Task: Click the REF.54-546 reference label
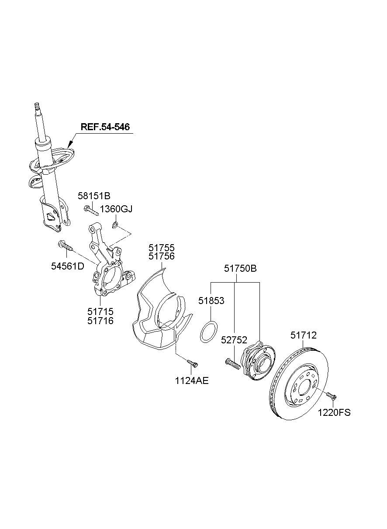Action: click(x=105, y=127)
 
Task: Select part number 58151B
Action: click(x=94, y=196)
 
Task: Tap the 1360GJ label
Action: click(x=116, y=209)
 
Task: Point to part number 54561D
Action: click(x=68, y=266)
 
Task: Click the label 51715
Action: click(x=100, y=311)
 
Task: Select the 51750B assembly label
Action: click(x=240, y=269)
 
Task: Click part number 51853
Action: click(x=211, y=301)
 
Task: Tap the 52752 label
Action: click(x=235, y=340)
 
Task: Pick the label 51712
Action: click(x=304, y=335)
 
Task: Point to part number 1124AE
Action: click(x=192, y=380)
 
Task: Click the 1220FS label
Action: click(x=334, y=412)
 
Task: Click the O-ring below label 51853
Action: click(x=208, y=332)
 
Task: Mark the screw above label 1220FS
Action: click(x=331, y=396)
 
